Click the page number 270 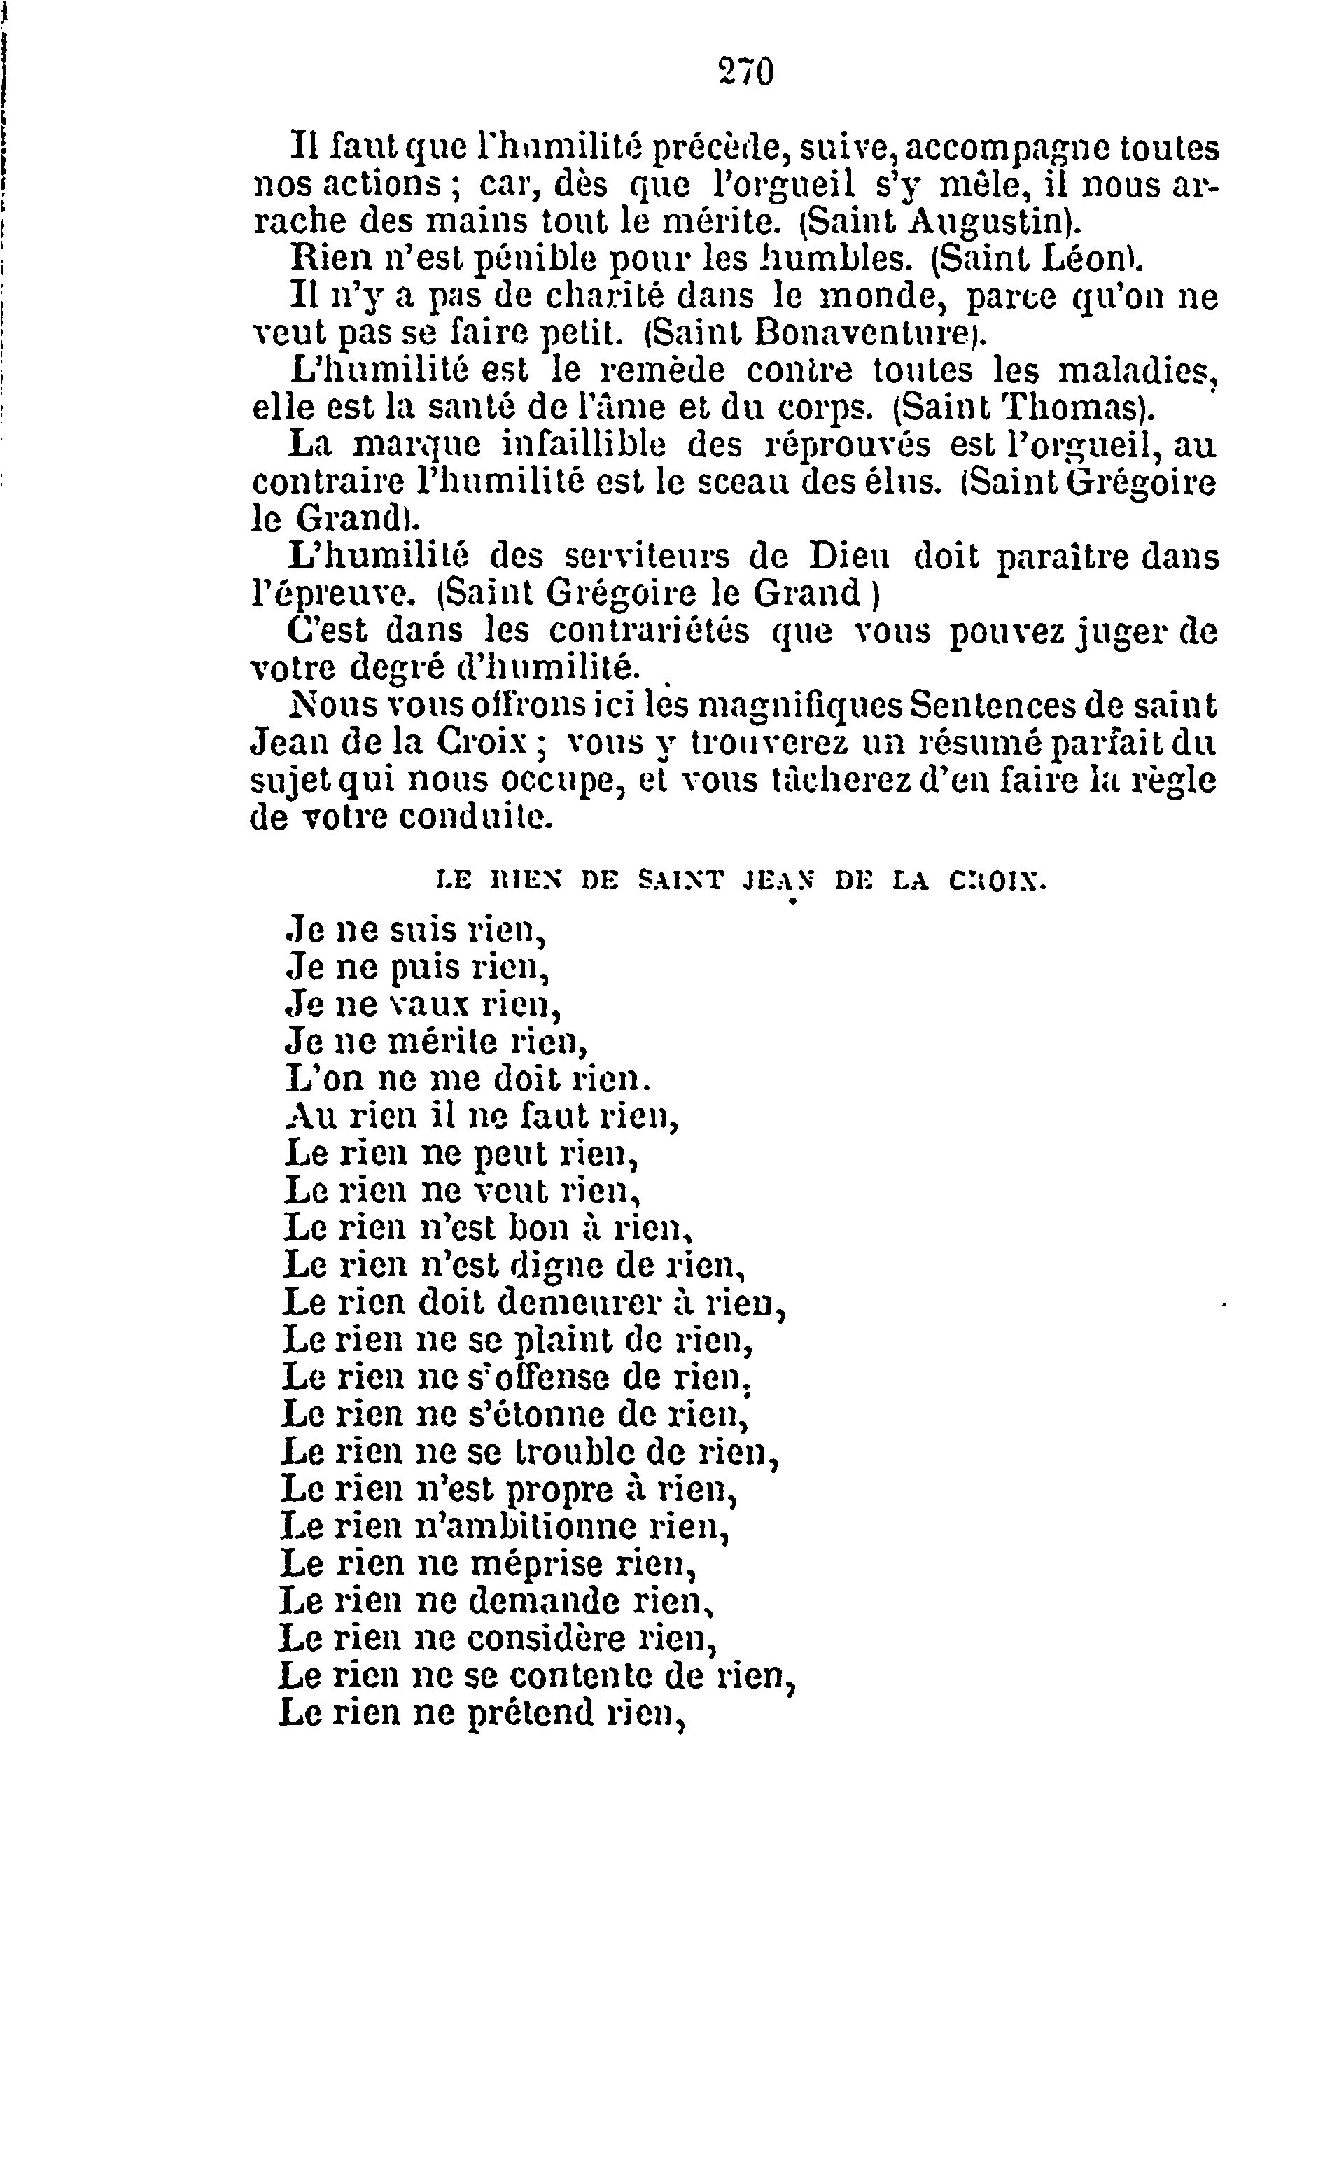click(745, 71)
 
